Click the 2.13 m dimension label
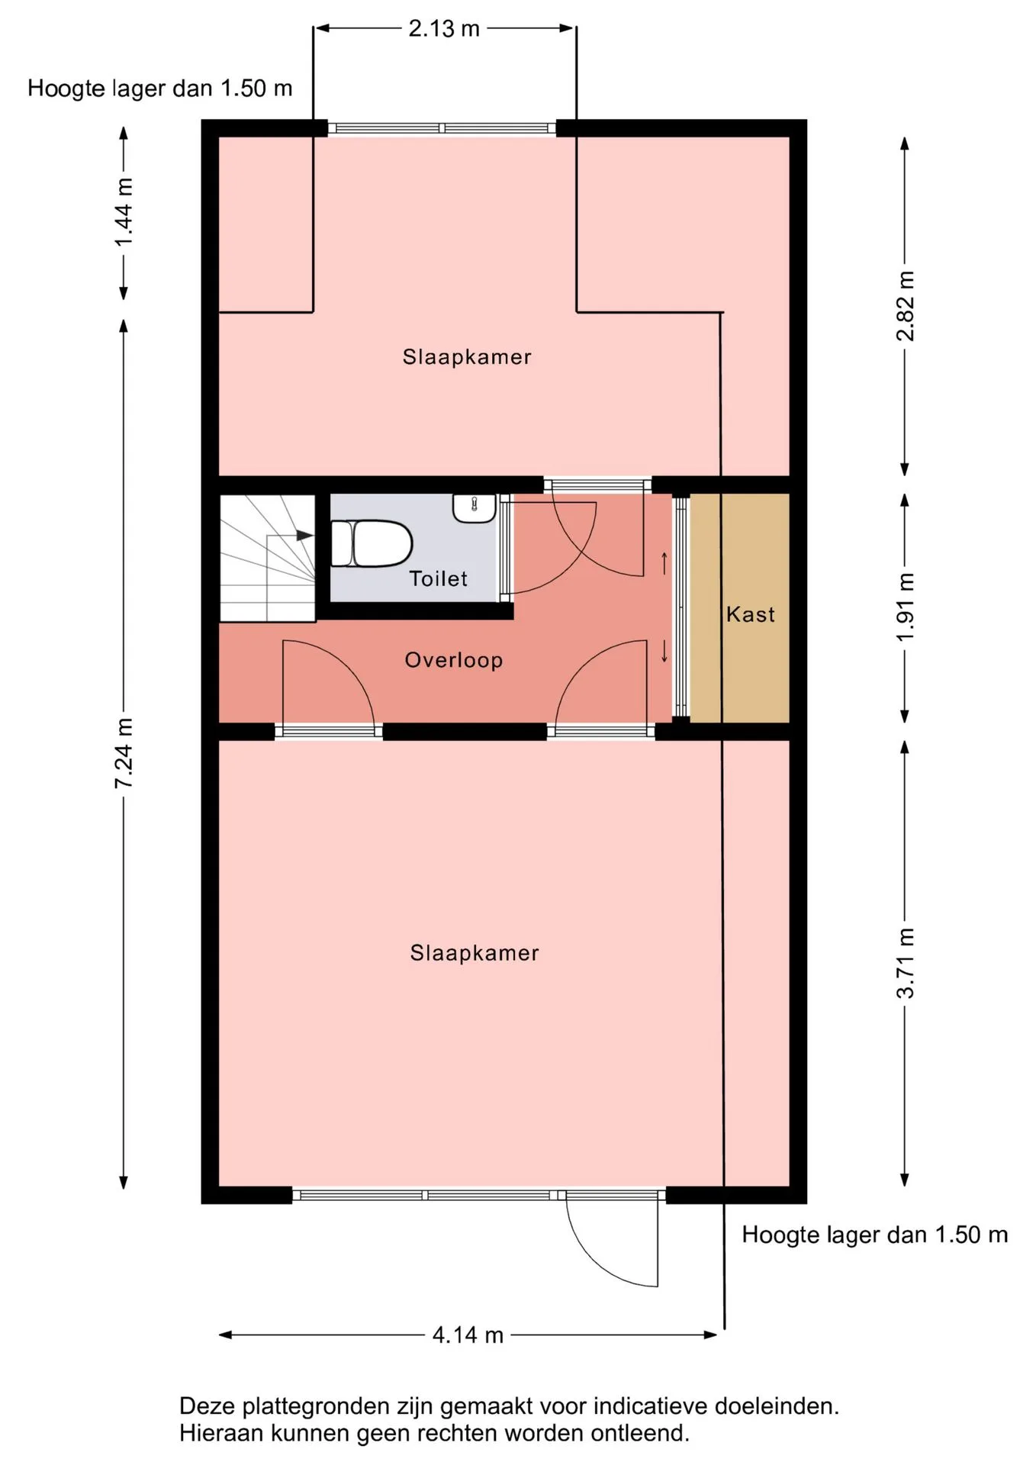tap(444, 29)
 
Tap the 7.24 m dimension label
tap(124, 753)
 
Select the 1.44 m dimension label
tap(124, 212)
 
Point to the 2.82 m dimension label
tap(905, 306)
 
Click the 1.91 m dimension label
tap(905, 607)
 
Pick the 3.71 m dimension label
tap(905, 963)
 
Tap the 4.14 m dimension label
tap(468, 1335)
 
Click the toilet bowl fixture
tap(372, 543)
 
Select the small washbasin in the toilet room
tap(475, 508)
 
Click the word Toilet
tap(438, 578)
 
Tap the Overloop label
tap(453, 660)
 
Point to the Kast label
tap(751, 614)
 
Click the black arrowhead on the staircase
tap(304, 536)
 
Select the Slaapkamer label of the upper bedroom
tap(467, 356)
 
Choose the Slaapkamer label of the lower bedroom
tap(475, 952)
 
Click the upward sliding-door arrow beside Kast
tap(664, 563)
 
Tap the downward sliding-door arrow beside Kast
tap(664, 651)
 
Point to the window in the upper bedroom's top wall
tap(442, 128)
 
